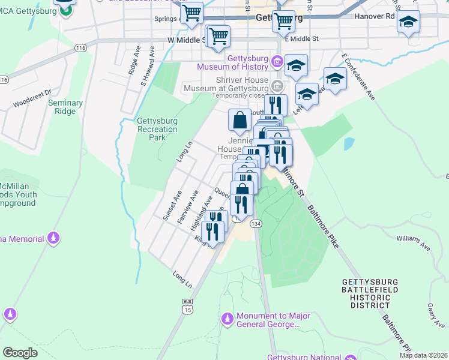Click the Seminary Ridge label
(x=65, y=107)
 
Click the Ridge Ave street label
(x=133, y=61)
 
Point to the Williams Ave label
(x=414, y=242)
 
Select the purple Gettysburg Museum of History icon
(x=277, y=62)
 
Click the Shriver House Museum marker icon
(x=277, y=84)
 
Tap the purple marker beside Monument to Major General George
(x=227, y=317)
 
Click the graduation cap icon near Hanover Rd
(x=408, y=22)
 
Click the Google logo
(x=20, y=352)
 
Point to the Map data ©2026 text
(x=423, y=355)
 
